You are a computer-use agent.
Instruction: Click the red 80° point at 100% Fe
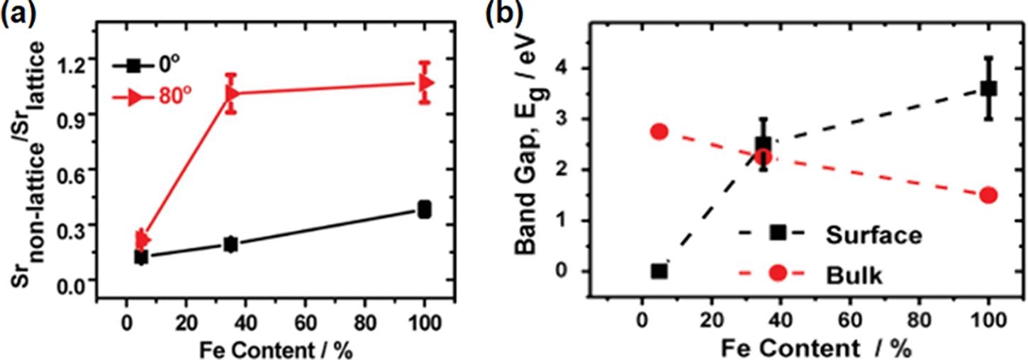coord(425,83)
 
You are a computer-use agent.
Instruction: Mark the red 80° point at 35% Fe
coord(231,93)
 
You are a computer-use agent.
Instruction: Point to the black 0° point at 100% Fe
coord(425,209)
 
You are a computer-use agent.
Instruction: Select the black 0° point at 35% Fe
coord(230,244)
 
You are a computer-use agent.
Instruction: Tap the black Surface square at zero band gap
coord(659,271)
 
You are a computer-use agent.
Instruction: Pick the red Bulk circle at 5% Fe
coord(659,132)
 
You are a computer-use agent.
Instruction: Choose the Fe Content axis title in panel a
coord(276,349)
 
